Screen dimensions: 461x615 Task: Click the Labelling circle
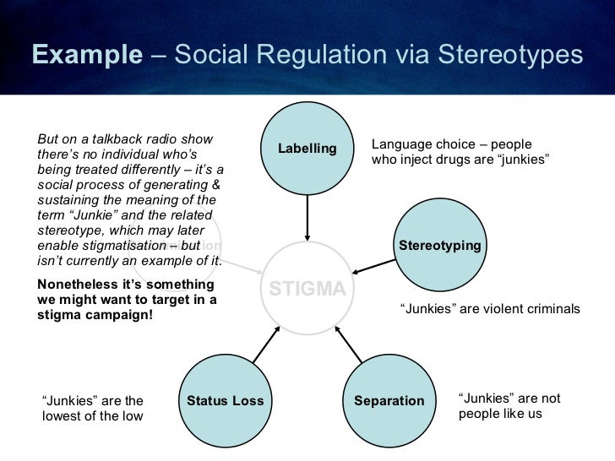point(307,149)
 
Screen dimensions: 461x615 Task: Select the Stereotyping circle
point(439,246)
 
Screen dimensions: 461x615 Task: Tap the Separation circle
point(389,400)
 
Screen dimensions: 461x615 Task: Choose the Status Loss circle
point(225,400)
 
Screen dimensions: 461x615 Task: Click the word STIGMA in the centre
point(307,290)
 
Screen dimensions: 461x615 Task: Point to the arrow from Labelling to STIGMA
point(307,215)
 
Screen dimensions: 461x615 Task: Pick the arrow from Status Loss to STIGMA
point(265,344)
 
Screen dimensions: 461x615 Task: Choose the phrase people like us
point(500,414)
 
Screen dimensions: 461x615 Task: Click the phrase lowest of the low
point(93,416)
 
